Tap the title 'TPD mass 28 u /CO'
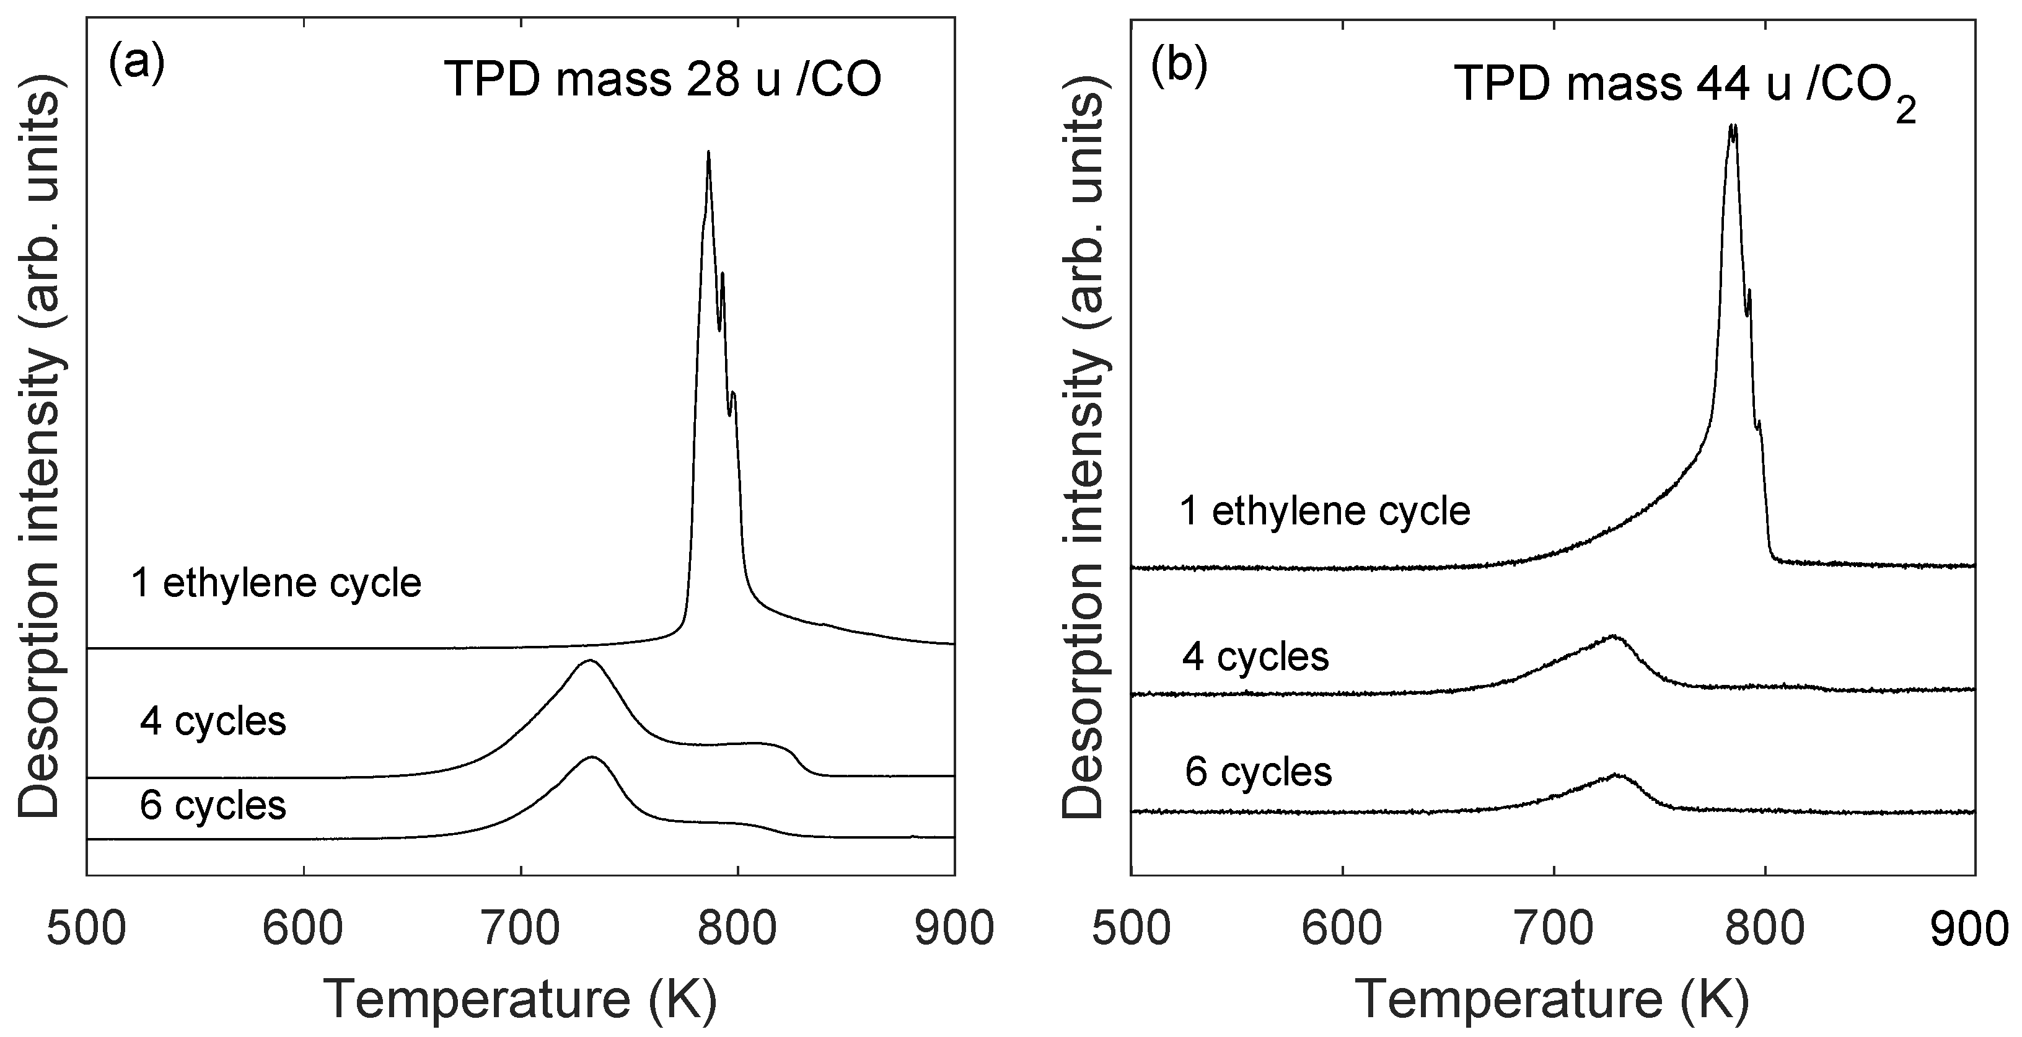662,79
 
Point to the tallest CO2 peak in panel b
1733,126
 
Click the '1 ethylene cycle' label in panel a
276,583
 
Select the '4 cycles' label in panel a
213,721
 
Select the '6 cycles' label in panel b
1259,772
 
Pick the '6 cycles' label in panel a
213,805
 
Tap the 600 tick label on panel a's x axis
303,929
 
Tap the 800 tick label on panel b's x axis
1765,929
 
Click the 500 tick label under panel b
1131,929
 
